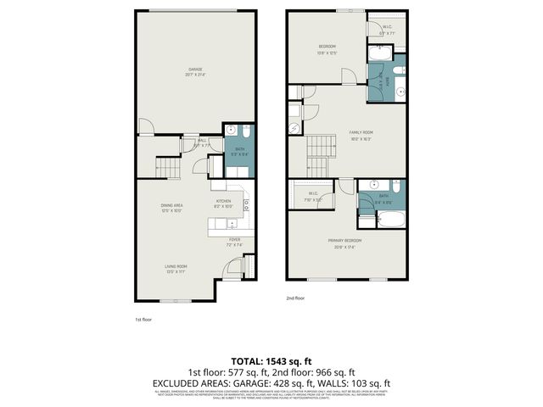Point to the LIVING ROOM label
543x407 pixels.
(x=176, y=268)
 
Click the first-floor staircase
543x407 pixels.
(x=170, y=169)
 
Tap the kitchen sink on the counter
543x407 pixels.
(x=230, y=224)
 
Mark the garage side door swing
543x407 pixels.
(x=146, y=128)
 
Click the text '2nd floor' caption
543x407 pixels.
(x=295, y=298)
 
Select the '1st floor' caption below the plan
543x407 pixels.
(x=143, y=320)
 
